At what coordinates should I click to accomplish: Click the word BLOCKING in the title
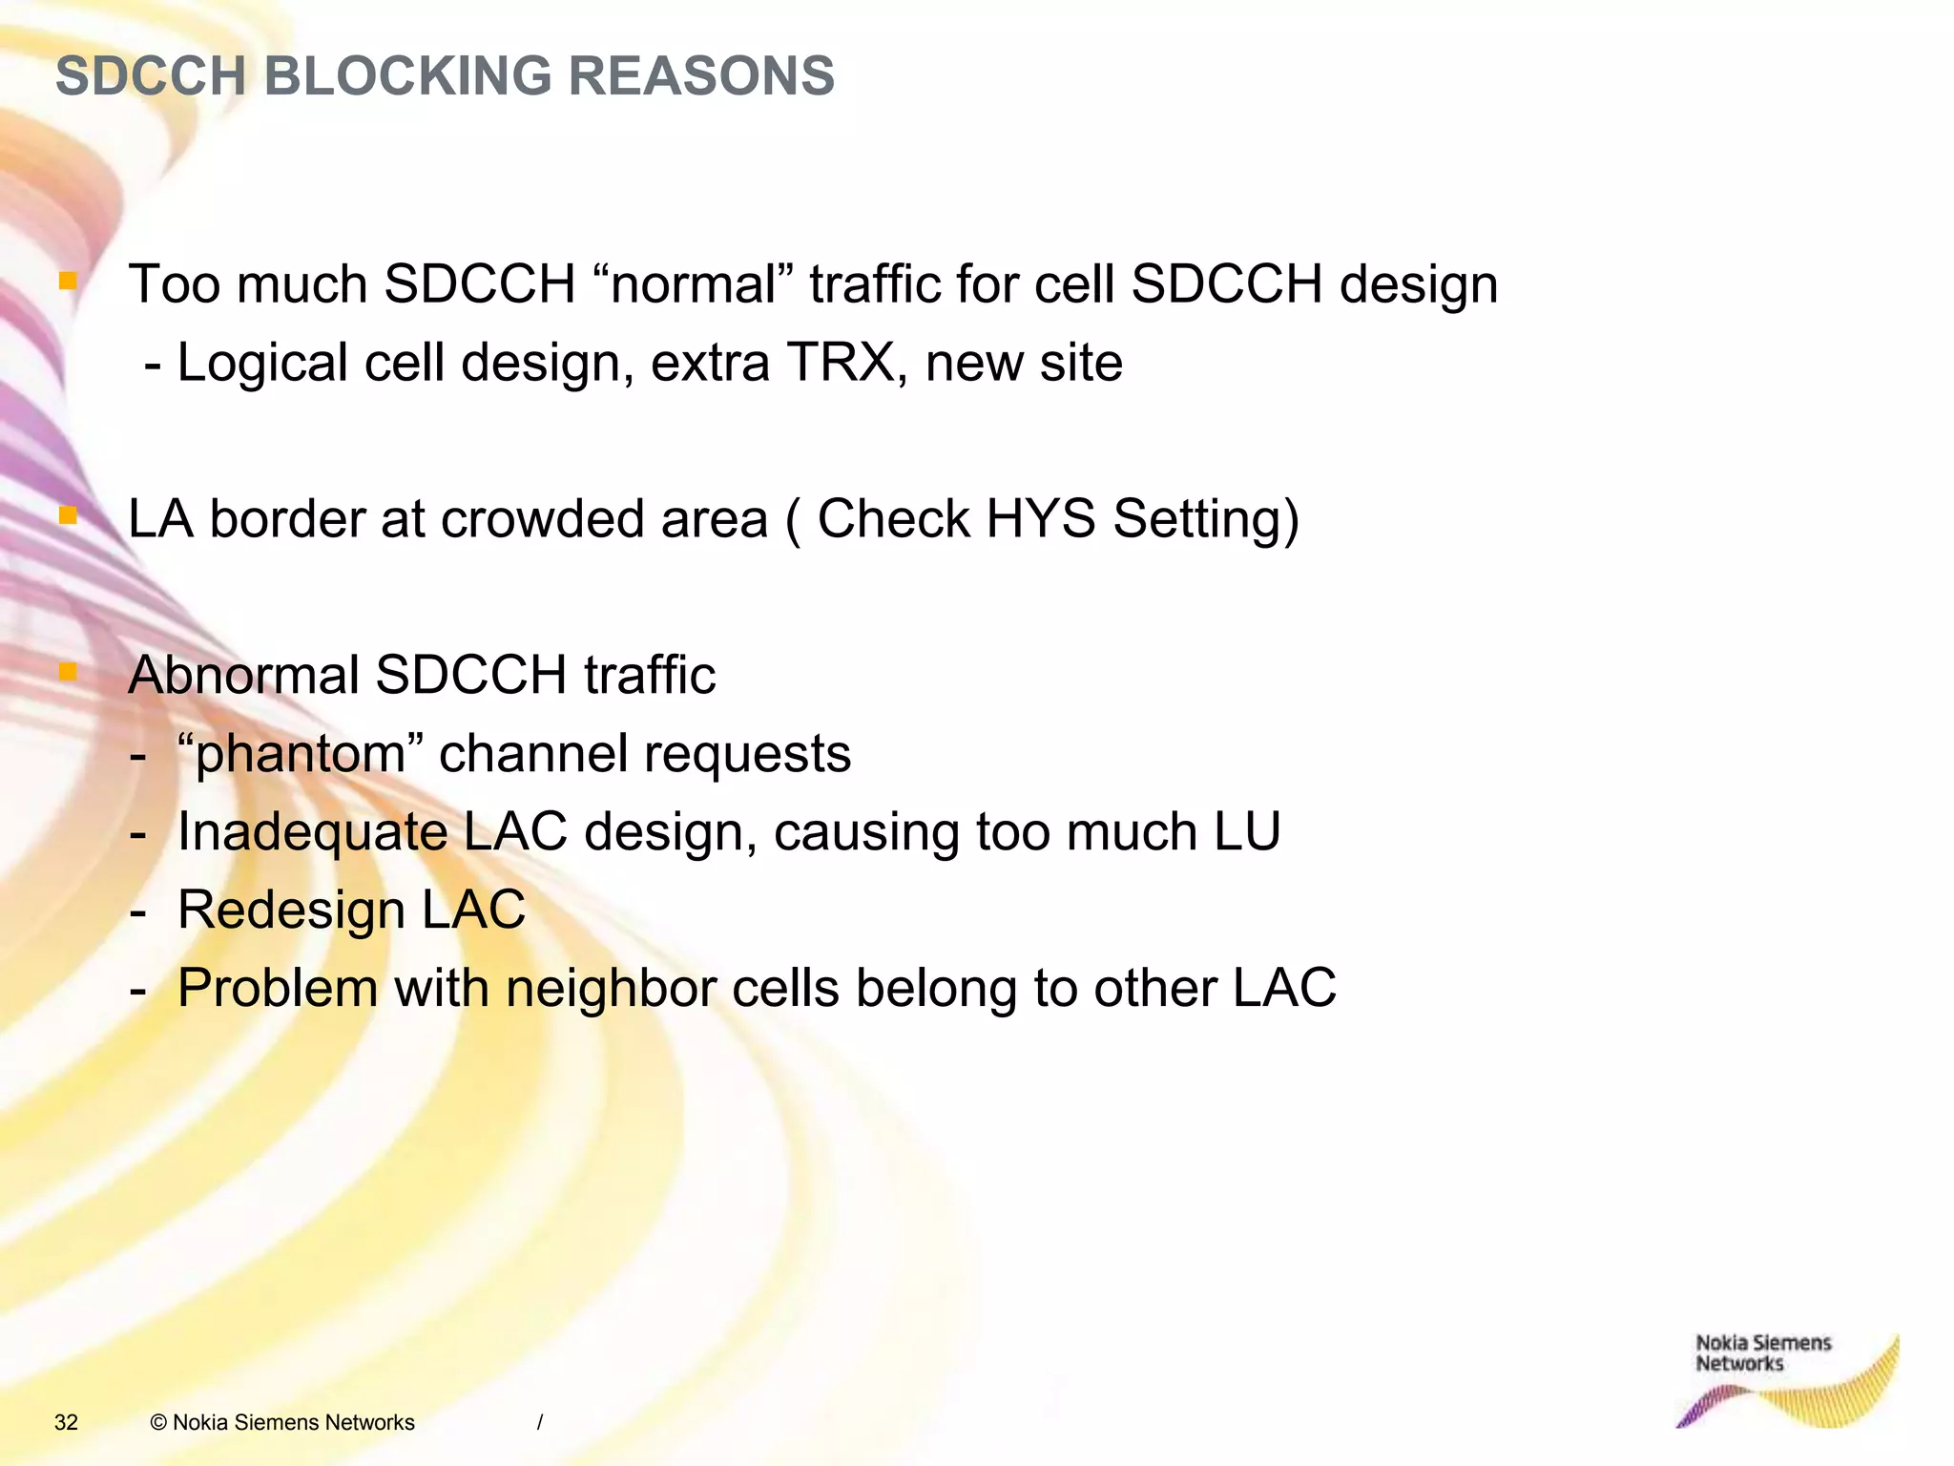coord(407,76)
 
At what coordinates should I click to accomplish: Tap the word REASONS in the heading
coord(701,76)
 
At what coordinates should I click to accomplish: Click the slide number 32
coord(66,1422)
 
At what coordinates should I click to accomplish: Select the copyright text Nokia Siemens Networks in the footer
coord(282,1422)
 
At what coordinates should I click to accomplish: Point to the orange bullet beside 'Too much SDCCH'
coord(68,281)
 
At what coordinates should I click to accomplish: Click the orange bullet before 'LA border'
coord(68,515)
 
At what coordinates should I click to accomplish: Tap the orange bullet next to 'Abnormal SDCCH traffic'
coord(68,672)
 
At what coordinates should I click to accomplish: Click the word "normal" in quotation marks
coord(694,284)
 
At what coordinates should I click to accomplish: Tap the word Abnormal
coord(243,676)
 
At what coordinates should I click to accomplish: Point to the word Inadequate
coord(312,832)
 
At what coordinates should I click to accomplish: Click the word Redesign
coord(291,911)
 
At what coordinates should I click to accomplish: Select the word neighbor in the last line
coord(611,988)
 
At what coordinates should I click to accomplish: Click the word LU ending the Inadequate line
coord(1247,832)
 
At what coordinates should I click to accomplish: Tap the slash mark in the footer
coord(540,1422)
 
